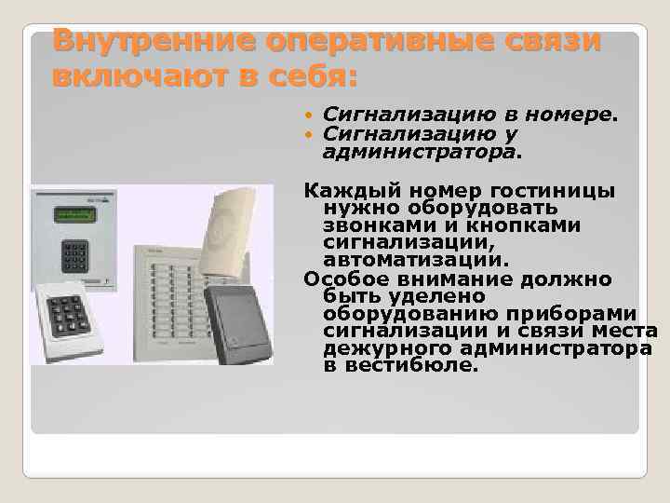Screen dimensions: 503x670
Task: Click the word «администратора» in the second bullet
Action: pos(422,150)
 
